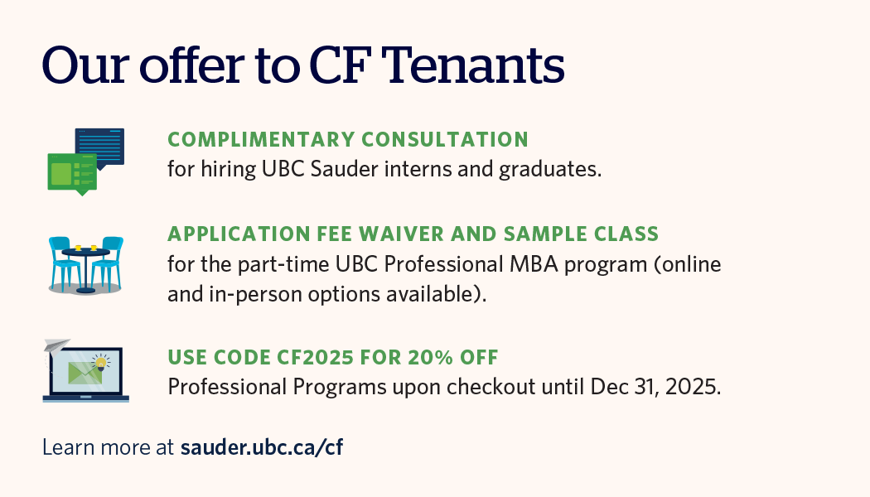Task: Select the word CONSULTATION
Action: (x=445, y=140)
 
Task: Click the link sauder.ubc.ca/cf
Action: (x=261, y=447)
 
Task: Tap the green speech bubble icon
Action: (x=73, y=174)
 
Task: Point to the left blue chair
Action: (x=63, y=263)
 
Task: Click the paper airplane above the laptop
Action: (x=57, y=345)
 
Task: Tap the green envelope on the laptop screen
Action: (x=85, y=373)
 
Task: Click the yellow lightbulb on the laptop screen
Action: (x=100, y=364)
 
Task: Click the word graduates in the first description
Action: (x=550, y=170)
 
